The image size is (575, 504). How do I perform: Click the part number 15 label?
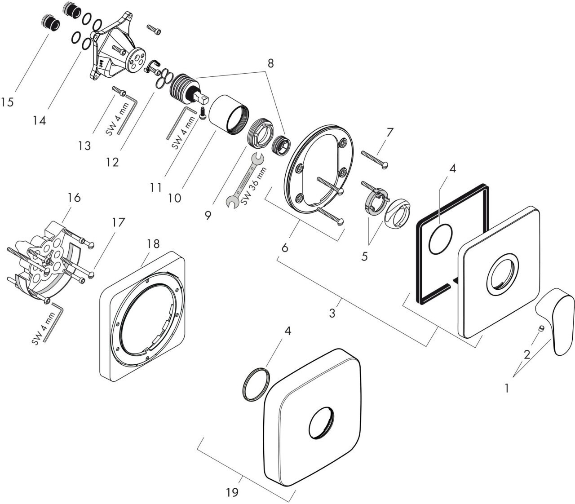7,102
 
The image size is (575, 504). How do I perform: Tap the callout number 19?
232,492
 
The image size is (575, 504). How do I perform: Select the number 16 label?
74,198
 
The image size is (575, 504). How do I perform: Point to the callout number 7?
389,132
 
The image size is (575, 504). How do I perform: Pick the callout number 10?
174,198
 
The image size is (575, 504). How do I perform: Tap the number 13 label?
84,146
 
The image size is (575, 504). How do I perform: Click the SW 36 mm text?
253,186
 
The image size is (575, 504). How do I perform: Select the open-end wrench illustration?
245,181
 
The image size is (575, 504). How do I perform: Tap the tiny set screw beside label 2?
541,328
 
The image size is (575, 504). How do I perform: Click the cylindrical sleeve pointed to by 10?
229,115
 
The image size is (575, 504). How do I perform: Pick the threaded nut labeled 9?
260,133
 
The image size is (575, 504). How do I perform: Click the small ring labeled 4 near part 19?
257,384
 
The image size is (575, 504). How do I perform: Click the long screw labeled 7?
375,160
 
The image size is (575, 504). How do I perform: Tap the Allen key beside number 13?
128,114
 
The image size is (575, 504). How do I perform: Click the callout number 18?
153,243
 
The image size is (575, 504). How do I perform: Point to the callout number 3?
332,313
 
